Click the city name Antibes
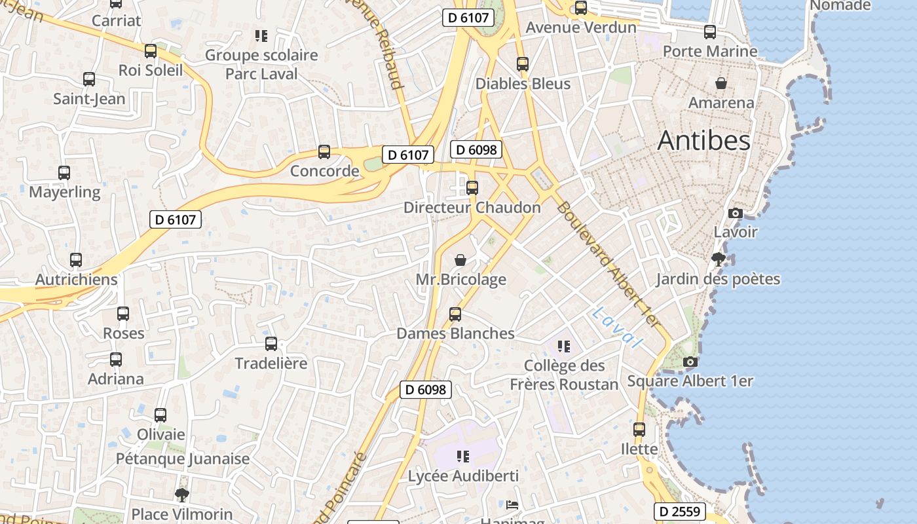pos(703,140)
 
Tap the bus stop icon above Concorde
pos(324,152)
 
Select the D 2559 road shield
pos(679,512)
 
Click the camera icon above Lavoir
pos(735,213)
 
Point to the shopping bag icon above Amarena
pos(720,83)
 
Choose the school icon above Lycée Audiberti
pos(463,457)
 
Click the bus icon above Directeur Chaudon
pos(472,188)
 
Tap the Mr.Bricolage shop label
pos(461,280)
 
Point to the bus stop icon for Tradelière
pos(271,344)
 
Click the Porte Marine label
pos(710,51)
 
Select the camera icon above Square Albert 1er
pos(689,362)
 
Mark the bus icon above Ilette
pos(639,430)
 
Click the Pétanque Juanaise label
pos(183,458)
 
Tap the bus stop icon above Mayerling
pos(64,173)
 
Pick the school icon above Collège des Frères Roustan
pos(563,346)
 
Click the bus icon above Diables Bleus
pos(523,64)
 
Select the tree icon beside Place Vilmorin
pos(182,495)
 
